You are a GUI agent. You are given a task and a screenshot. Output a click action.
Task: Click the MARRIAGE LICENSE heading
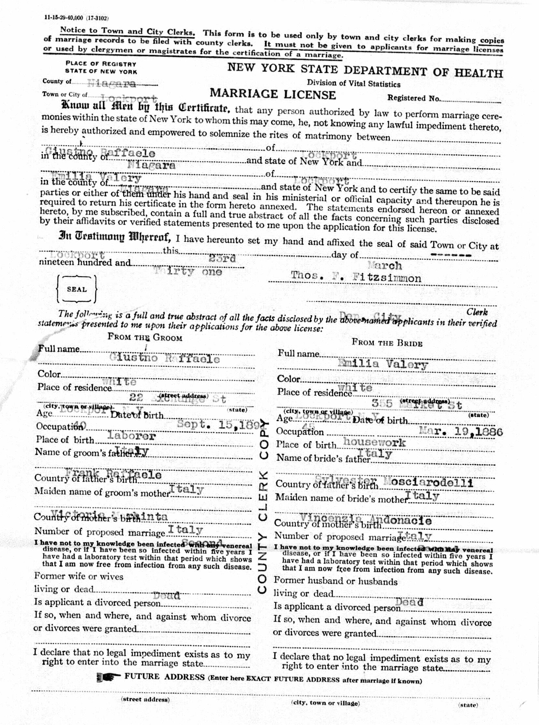click(273, 94)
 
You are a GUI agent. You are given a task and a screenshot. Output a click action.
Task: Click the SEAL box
click(77, 289)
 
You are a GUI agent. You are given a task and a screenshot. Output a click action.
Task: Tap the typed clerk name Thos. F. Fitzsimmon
click(356, 277)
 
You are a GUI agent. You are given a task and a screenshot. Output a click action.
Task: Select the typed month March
click(385, 266)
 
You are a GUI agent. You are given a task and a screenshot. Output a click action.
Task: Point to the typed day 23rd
click(222, 259)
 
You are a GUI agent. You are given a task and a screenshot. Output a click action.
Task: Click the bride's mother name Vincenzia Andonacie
click(366, 520)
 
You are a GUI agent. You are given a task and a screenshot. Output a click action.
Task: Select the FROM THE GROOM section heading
click(145, 337)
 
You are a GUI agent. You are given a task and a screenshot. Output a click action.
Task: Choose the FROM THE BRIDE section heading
click(387, 343)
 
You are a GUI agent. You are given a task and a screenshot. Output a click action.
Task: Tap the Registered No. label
click(414, 98)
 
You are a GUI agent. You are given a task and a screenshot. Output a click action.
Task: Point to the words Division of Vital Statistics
click(353, 84)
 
